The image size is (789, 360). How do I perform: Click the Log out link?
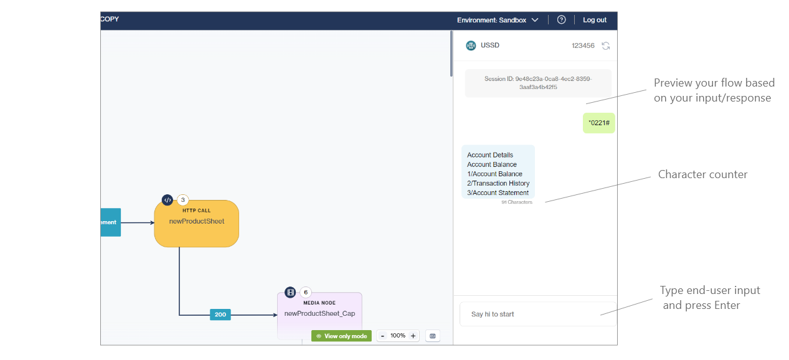coord(594,20)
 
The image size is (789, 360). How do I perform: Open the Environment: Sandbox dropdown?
coord(498,20)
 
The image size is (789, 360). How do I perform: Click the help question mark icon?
coord(561,20)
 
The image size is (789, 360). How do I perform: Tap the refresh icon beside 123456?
coord(605,45)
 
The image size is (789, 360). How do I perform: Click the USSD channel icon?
coord(471,45)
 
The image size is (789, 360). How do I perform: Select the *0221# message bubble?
coord(598,123)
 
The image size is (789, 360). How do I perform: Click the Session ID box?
coord(538,83)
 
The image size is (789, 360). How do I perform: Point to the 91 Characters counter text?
coord(517,202)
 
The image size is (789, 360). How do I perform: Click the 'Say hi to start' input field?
coord(537,314)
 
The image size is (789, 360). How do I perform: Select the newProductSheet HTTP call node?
coord(196,224)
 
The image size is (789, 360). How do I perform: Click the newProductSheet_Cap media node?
coord(319,314)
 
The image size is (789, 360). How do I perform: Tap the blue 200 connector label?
coord(220,315)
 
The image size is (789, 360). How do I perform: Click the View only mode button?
coord(341,336)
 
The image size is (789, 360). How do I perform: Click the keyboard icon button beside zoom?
coord(433,336)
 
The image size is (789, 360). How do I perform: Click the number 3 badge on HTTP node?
coord(183,200)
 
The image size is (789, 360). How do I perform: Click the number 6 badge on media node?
coord(306,292)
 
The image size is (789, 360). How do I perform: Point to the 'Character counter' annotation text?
coord(702,174)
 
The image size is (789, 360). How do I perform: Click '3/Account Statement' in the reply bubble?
coord(498,193)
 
